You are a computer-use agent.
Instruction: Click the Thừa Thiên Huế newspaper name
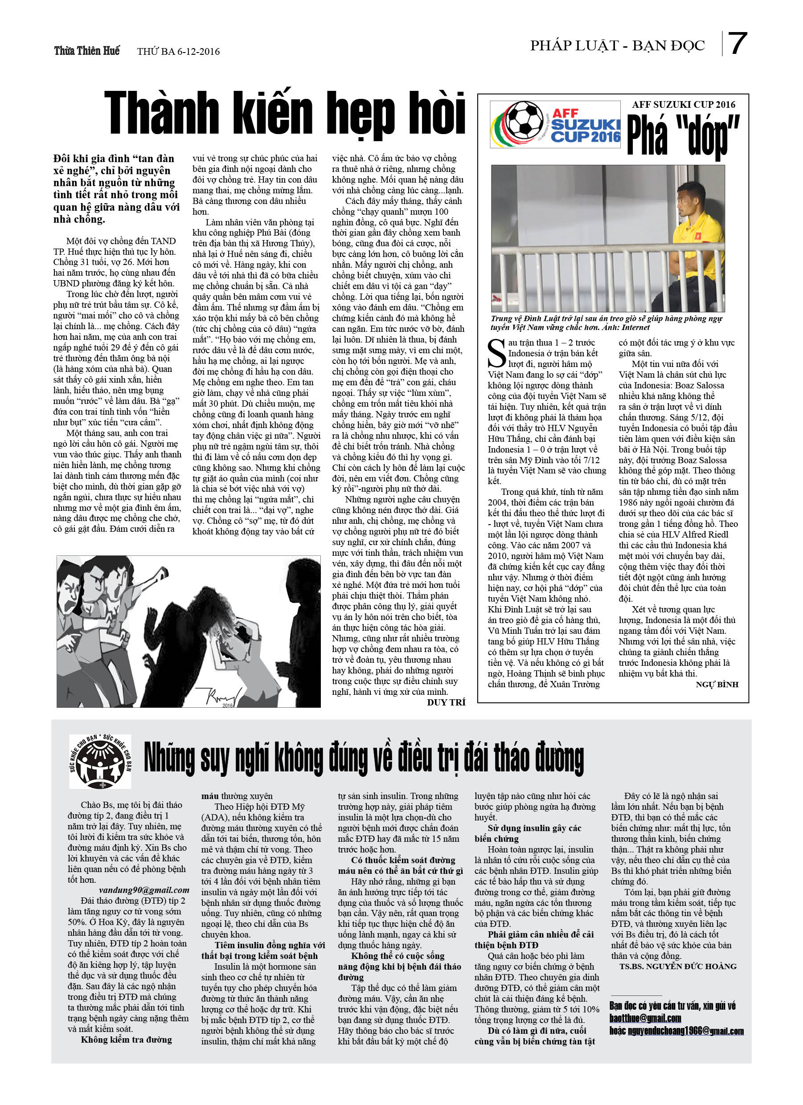tap(87, 51)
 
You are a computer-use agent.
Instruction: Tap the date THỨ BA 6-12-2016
tap(178, 52)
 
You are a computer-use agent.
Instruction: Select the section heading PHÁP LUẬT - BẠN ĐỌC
tap(617, 46)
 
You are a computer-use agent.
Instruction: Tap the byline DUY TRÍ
tap(446, 702)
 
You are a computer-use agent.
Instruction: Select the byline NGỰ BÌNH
tap(717, 685)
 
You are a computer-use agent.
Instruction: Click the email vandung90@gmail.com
tap(144, 890)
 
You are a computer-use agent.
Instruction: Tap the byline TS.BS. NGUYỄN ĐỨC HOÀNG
tap(678, 966)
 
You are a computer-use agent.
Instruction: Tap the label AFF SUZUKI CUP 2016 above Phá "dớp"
tap(684, 104)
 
